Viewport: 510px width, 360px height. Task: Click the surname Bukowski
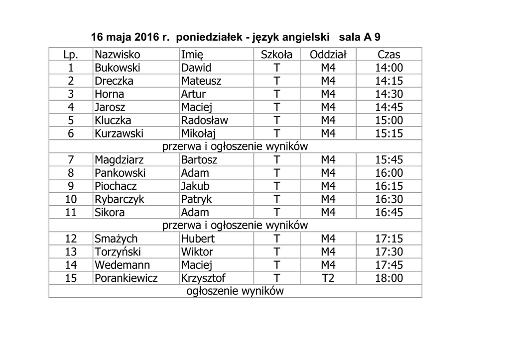pos(118,68)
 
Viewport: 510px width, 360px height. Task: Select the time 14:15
pos(388,81)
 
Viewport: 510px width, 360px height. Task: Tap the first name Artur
pos(193,94)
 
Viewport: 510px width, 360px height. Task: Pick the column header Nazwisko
pos(118,55)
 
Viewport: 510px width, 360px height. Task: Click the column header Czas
pos(388,55)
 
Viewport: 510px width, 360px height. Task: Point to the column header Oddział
pos(328,55)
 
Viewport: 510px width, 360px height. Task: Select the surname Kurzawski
pos(119,133)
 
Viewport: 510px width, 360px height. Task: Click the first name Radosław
pos(205,120)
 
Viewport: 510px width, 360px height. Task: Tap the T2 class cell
pos(328,278)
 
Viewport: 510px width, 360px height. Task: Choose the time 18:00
pos(388,278)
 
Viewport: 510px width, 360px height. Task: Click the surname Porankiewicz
pos(126,278)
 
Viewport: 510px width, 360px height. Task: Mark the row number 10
pos(71,199)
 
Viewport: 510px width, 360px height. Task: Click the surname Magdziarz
pos(120,160)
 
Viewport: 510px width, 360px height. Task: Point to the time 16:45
pos(388,213)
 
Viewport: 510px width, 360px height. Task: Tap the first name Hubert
pos(198,239)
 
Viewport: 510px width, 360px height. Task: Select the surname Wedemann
pos(122,265)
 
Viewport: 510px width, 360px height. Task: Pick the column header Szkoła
pos(277,55)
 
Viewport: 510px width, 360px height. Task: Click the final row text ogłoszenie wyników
pos(235,291)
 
